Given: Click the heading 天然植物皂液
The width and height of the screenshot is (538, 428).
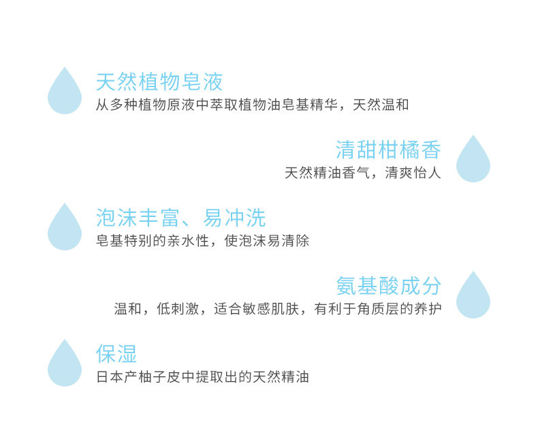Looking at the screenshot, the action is (159, 82).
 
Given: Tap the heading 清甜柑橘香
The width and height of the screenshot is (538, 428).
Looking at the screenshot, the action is (388, 150).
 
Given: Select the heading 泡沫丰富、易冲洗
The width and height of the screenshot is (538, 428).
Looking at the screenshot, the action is (180, 218).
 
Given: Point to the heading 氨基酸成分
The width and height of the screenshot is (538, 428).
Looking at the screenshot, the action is (388, 286).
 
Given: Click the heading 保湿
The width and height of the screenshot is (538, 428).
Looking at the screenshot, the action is (116, 354).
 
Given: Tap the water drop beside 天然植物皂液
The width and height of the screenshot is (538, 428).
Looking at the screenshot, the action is (65, 92).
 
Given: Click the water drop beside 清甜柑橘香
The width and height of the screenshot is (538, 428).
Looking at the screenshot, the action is (473, 160).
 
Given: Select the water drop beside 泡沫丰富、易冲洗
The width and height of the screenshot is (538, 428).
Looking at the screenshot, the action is (65, 228).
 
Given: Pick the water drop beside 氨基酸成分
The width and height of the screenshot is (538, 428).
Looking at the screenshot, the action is (473, 296).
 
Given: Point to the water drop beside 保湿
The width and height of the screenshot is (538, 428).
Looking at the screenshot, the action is (65, 364).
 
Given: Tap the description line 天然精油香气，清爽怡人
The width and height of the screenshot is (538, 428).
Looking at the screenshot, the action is (362, 173).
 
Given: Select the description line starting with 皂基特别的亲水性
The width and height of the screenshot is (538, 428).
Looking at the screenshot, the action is (202, 241).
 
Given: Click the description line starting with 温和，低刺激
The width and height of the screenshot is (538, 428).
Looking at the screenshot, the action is (277, 309).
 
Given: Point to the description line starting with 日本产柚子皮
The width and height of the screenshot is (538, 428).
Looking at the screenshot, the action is (202, 377).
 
